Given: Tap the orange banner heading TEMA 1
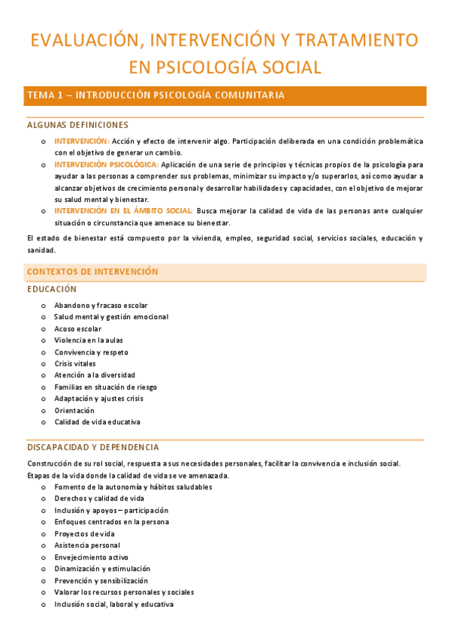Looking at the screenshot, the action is tap(156, 95).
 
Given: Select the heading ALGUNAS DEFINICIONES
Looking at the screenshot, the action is tap(77, 125).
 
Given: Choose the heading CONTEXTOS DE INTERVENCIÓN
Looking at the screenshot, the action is tap(92, 271).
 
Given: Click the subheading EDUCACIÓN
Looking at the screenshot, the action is tap(52, 289).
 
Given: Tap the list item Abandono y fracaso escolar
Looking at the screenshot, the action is tap(101, 305).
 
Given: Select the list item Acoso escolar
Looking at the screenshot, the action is tap(77, 329).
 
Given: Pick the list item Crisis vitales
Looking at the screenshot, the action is tap(75, 364).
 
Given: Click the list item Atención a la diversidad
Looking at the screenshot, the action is tap(95, 376).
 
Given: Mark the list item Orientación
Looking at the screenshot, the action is tap(74, 411).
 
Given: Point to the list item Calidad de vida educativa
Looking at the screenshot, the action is tap(97, 422).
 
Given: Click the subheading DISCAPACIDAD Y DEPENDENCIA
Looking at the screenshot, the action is tap(92, 447).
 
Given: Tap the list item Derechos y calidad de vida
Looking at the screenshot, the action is tap(99, 498).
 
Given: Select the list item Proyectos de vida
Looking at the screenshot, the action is tap(84, 533).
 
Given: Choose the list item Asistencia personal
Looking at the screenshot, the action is tap(87, 545).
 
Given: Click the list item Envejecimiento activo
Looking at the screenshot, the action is tap(91, 557).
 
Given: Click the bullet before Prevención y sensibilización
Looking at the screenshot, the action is tap(43, 581).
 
